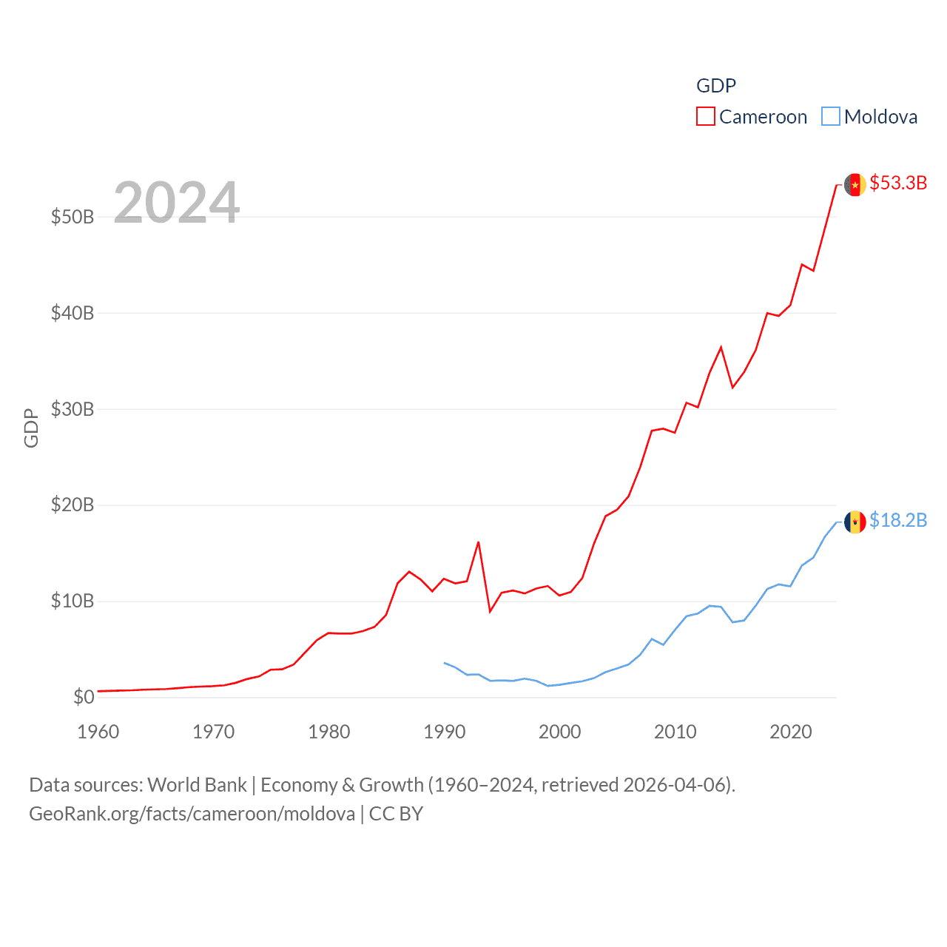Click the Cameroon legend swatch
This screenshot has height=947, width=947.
(706, 117)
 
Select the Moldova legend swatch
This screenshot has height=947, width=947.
(831, 117)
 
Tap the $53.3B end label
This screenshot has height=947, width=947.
(898, 183)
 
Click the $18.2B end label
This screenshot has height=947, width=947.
(898, 520)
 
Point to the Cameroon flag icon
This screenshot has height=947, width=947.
(855, 184)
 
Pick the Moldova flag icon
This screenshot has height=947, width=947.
(855, 522)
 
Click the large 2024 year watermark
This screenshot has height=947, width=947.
(177, 203)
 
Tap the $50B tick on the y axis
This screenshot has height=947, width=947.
(73, 217)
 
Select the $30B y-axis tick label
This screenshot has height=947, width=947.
(73, 409)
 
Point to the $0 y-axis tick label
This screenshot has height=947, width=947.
(84, 697)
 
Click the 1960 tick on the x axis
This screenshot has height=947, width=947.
(98, 732)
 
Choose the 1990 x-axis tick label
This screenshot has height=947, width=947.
(445, 732)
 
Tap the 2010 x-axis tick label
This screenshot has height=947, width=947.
(675, 732)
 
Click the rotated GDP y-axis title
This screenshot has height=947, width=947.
(31, 428)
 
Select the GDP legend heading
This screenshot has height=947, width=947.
(716, 86)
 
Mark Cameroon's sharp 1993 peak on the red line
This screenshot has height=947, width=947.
(479, 542)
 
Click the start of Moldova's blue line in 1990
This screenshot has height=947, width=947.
(444, 663)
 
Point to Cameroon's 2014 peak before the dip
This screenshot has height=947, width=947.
(721, 347)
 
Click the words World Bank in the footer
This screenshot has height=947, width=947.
(197, 784)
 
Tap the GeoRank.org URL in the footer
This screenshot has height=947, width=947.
(192, 814)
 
